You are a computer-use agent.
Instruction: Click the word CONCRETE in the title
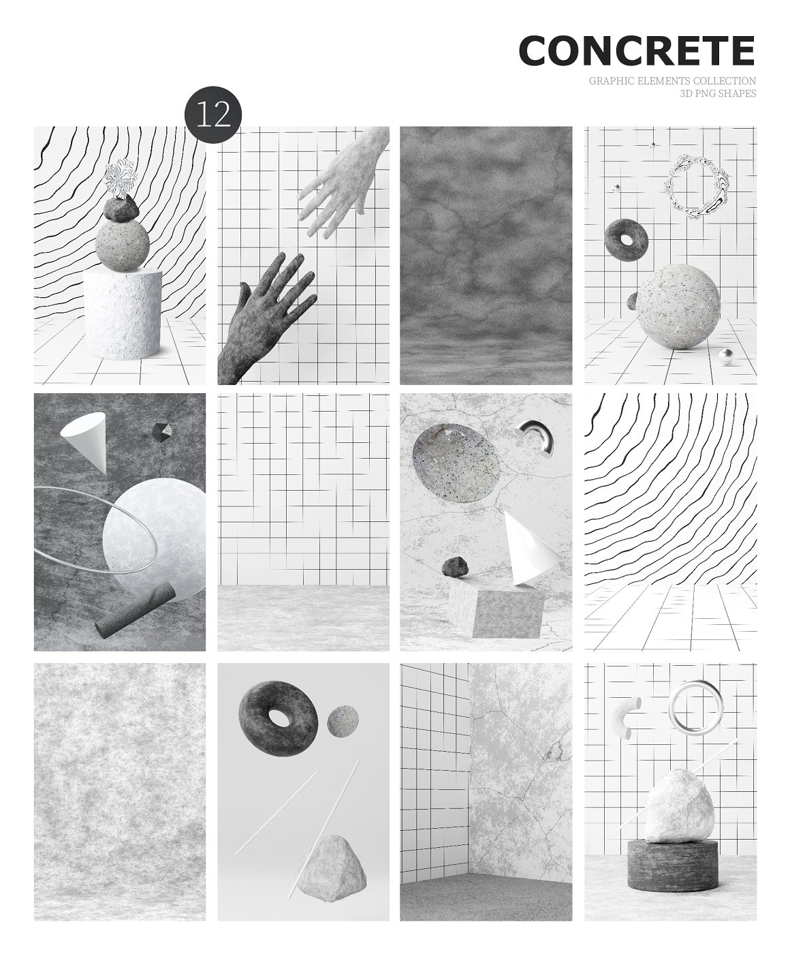[x=637, y=50]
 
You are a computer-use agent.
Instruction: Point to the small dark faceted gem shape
[x=161, y=432]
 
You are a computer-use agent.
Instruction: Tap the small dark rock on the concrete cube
[x=455, y=566]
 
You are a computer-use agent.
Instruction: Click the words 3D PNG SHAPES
[x=717, y=93]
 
